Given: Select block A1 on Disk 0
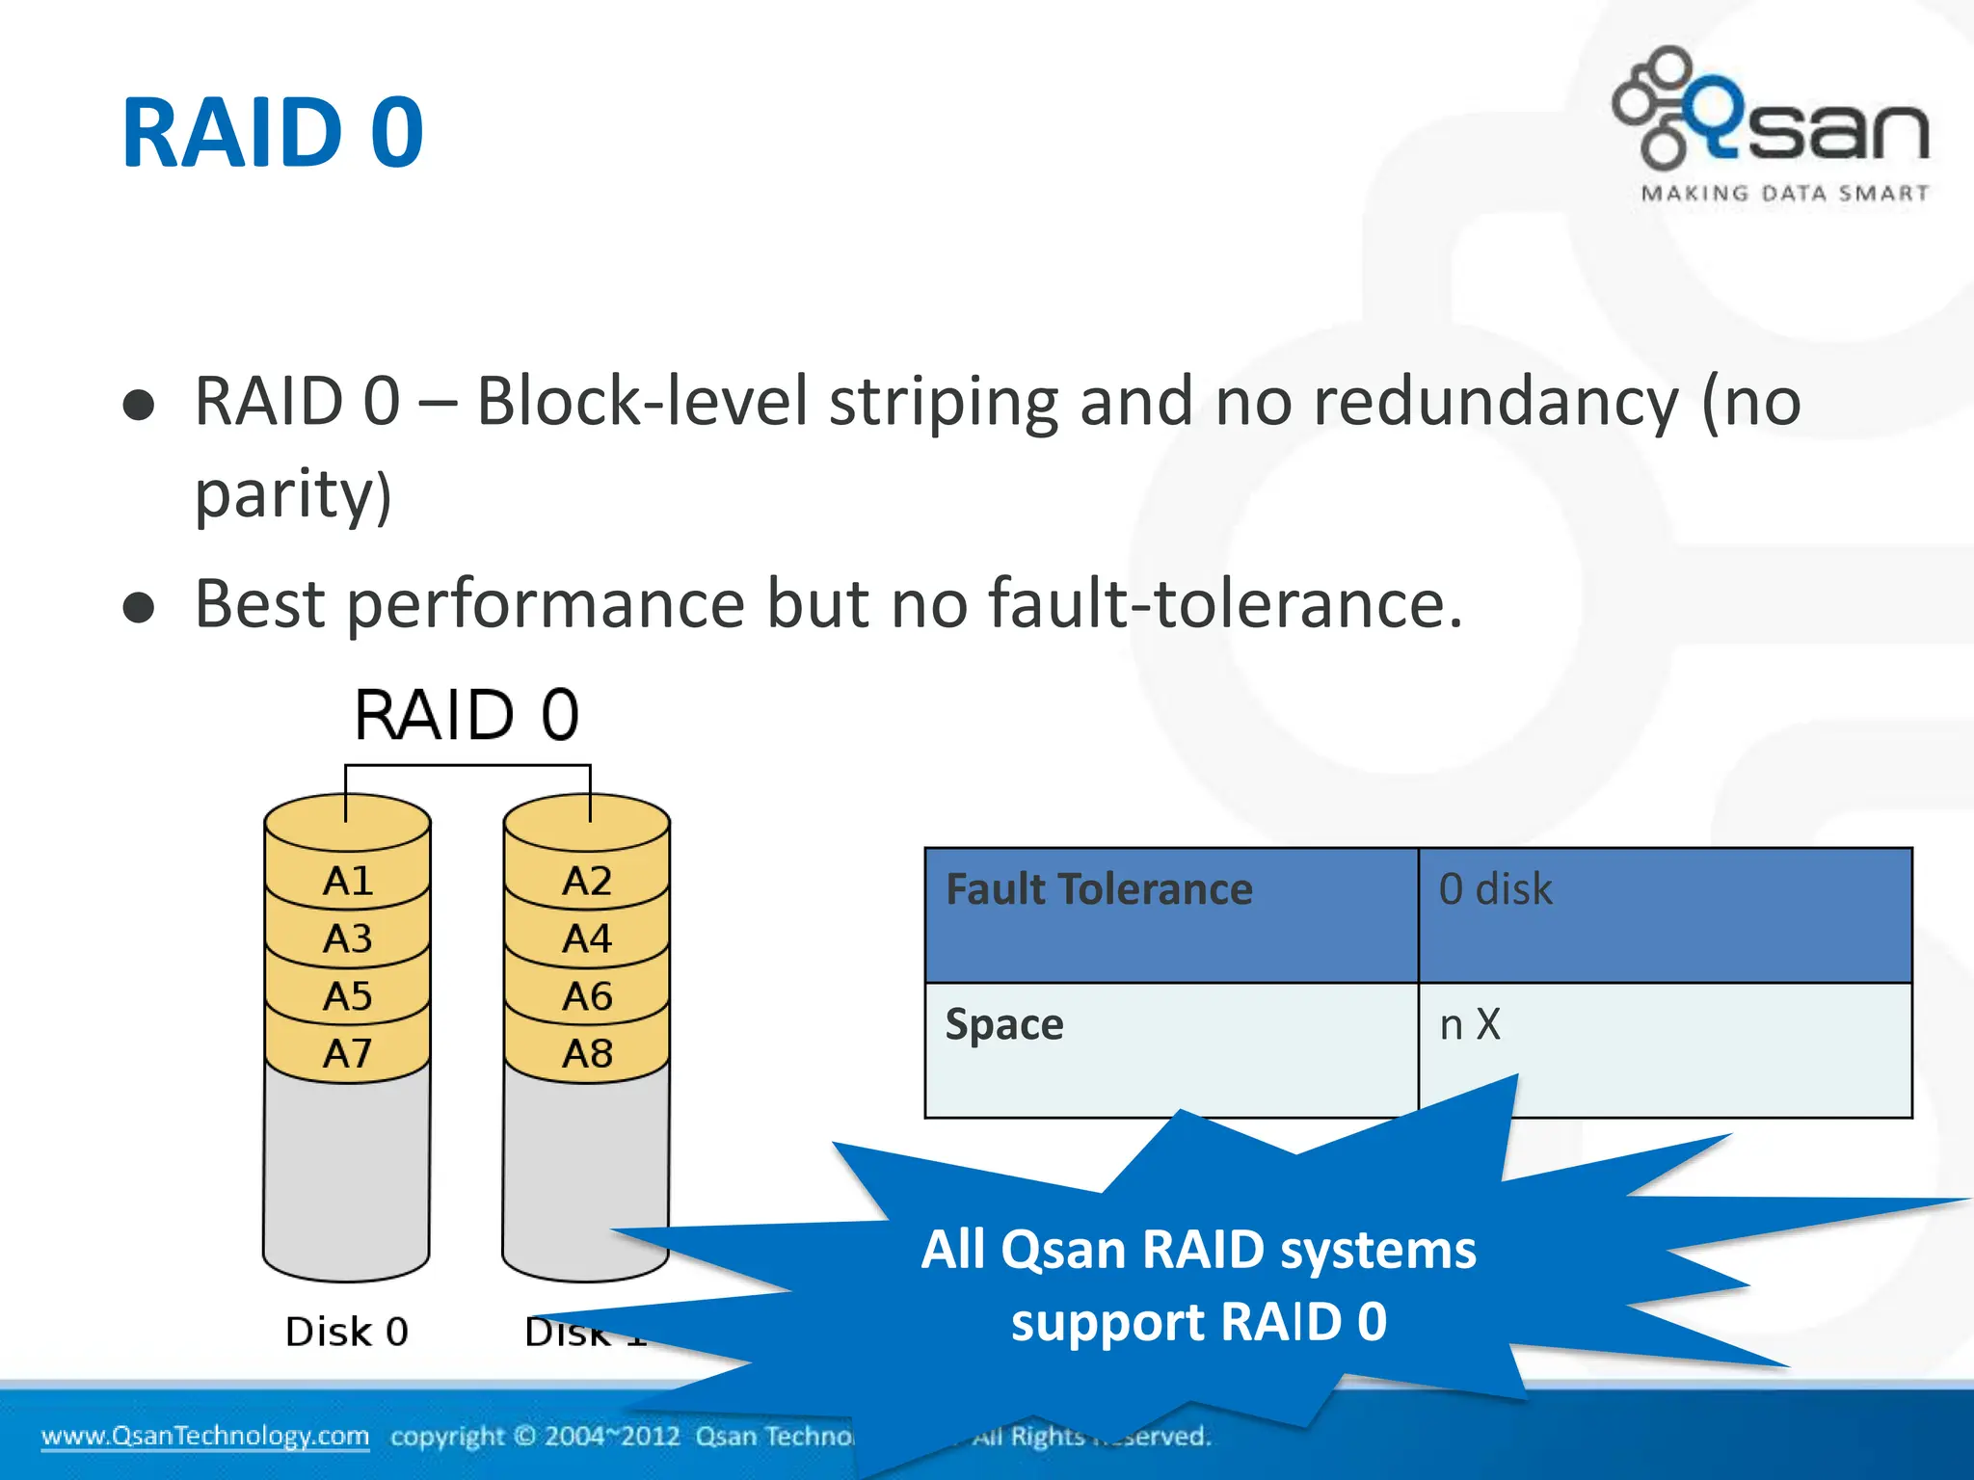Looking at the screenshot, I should tap(348, 881).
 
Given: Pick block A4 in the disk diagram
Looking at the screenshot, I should tap(587, 938).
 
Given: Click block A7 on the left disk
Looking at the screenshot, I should tap(348, 1053).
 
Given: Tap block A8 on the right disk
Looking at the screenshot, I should tap(587, 1053).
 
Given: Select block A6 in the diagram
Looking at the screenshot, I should tap(587, 995).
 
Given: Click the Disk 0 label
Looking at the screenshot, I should tap(347, 1332).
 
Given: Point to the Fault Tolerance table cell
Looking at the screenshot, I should tap(1099, 889).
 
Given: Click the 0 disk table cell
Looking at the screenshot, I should tap(1495, 889).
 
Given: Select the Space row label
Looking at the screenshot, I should tap(1004, 1024).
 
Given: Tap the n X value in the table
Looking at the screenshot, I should tap(1470, 1024).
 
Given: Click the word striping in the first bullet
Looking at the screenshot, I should tap(944, 403).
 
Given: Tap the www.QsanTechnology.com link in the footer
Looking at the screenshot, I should tap(205, 1436).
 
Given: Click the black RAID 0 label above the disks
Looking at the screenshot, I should tap(467, 715).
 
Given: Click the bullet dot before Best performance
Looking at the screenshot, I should tap(140, 608).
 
